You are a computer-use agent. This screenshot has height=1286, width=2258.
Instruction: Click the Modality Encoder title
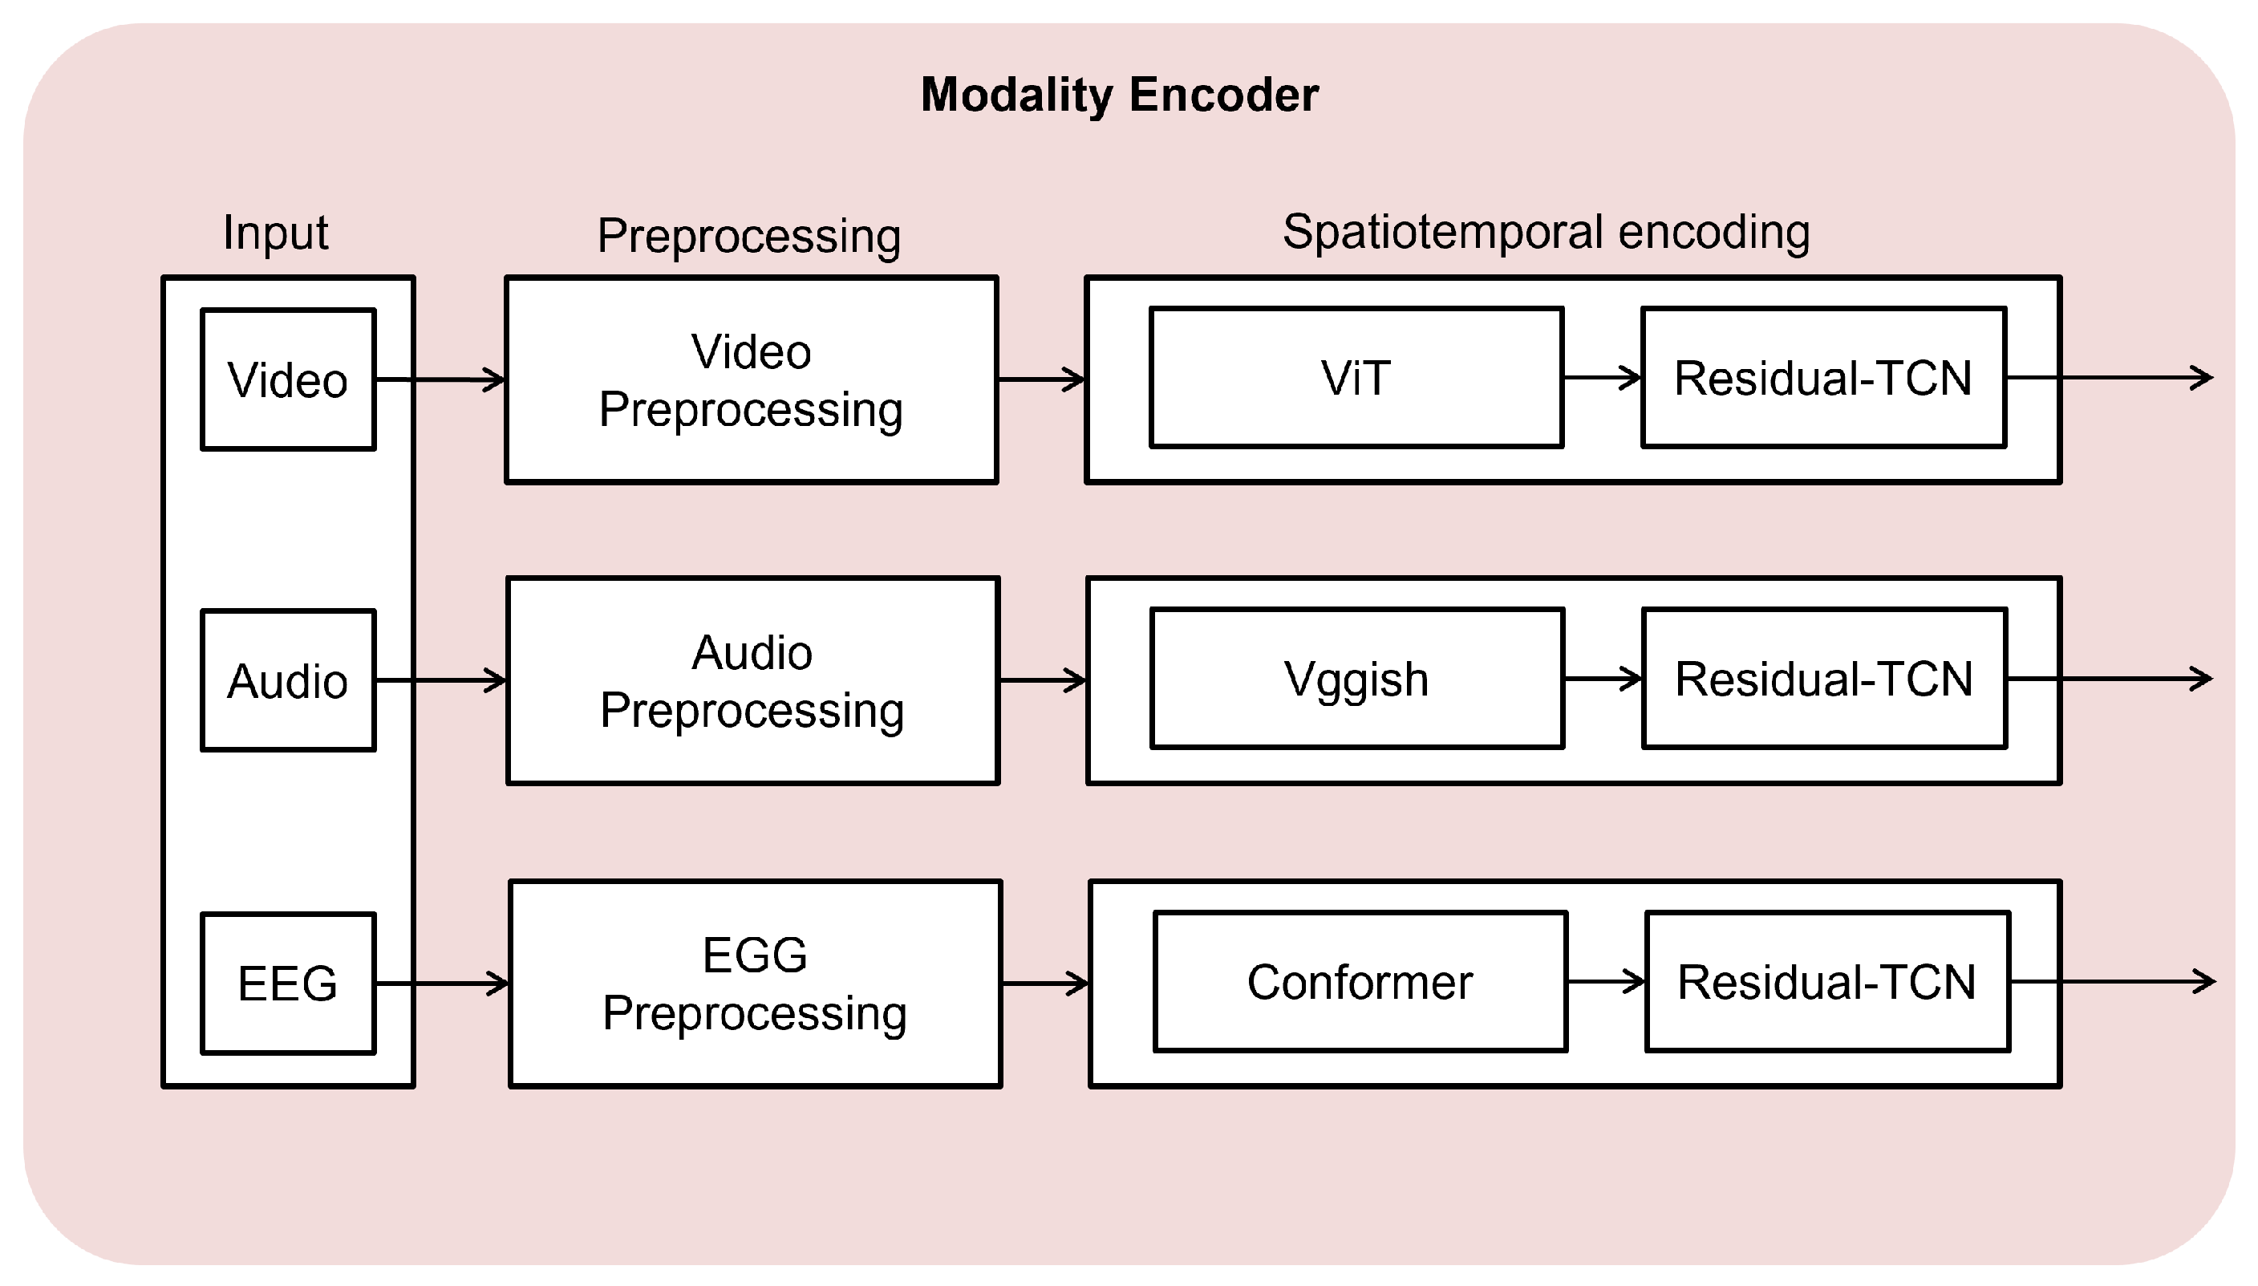pyautogui.click(x=1119, y=95)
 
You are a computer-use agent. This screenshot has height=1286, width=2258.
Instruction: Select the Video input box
pyautogui.click(x=288, y=379)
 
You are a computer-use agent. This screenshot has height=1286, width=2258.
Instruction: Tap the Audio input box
pyautogui.click(x=288, y=680)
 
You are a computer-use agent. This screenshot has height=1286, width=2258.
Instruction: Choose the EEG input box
pyautogui.click(x=288, y=983)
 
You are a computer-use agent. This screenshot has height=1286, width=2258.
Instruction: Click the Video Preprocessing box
pyautogui.click(x=751, y=379)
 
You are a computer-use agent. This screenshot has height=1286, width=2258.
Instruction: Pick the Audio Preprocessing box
pyautogui.click(x=752, y=680)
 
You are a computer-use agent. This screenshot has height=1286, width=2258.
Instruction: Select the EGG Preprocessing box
pyautogui.click(x=755, y=983)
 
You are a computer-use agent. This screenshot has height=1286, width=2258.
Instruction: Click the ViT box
pyautogui.click(x=1356, y=378)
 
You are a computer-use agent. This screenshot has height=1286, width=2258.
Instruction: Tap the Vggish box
pyautogui.click(x=1356, y=679)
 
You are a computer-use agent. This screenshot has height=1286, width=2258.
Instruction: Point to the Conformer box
pyautogui.click(x=1360, y=981)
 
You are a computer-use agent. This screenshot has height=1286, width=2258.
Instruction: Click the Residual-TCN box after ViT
pyautogui.click(x=1823, y=378)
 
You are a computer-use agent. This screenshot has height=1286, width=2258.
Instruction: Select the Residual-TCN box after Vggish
pyautogui.click(x=1824, y=679)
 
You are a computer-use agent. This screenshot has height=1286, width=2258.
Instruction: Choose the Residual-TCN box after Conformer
pyautogui.click(x=1827, y=981)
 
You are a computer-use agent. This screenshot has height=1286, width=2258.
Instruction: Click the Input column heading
pyautogui.click(x=275, y=233)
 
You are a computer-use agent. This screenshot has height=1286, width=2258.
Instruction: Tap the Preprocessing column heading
pyautogui.click(x=749, y=236)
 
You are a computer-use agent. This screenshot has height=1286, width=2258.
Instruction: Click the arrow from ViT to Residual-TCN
pyautogui.click(x=1602, y=378)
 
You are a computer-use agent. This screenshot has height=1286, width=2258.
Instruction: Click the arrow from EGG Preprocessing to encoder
pyautogui.click(x=1044, y=983)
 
